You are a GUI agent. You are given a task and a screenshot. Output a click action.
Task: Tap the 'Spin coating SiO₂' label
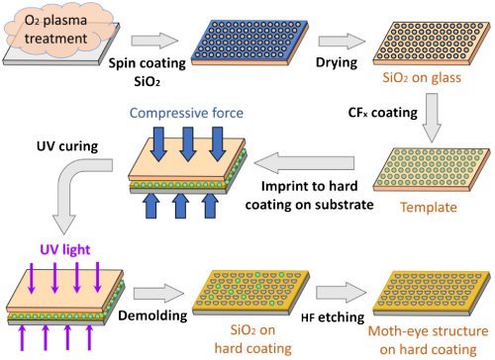coord(148,72)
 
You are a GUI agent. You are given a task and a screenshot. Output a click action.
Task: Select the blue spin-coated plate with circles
coord(249,43)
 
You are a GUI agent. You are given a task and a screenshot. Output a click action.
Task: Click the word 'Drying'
coord(337,62)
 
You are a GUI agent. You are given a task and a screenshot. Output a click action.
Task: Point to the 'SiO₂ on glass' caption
coord(422,78)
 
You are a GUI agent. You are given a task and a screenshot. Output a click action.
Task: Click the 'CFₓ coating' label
coord(383,113)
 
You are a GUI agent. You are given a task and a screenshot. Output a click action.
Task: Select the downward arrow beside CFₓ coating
coord(432,118)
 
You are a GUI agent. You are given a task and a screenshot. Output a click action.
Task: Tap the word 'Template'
coord(429,208)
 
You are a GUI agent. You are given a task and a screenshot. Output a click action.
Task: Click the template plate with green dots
coord(432,169)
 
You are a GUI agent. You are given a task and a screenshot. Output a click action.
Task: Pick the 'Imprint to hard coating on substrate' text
coord(309,196)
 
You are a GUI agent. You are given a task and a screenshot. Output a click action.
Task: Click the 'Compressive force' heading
coord(186,113)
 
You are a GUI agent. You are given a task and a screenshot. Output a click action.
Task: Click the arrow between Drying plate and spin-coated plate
coord(342,42)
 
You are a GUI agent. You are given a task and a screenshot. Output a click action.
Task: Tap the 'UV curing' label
coord(67,146)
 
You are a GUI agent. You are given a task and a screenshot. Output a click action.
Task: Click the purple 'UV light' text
coord(65,250)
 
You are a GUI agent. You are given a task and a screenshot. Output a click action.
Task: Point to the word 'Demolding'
coord(152,315)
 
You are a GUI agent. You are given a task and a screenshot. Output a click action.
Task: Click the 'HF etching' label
coord(333,317)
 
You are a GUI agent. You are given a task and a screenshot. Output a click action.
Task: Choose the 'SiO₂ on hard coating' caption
coord(253,339)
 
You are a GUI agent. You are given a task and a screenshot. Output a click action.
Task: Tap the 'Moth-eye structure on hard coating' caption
coord(428,340)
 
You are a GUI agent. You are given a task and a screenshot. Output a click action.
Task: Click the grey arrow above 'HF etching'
coord(342,293)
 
